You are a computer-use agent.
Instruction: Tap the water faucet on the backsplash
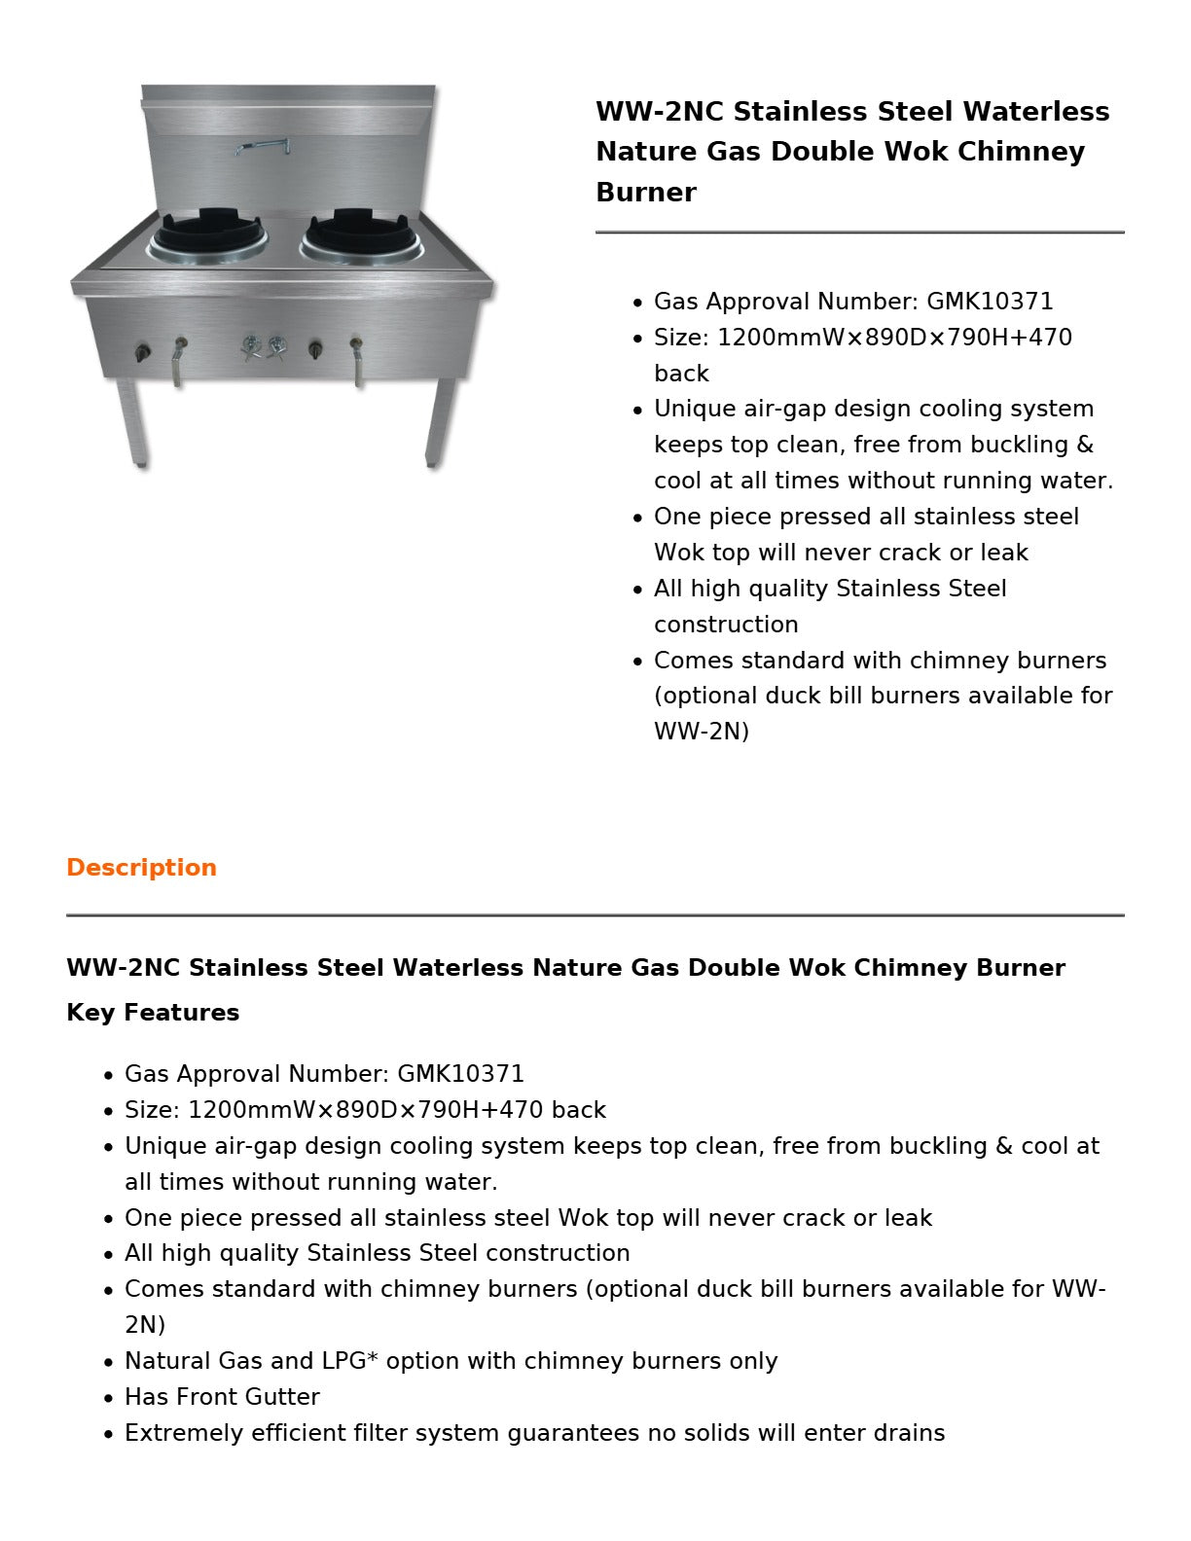click(x=263, y=147)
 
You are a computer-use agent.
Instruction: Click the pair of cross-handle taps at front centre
click(x=264, y=348)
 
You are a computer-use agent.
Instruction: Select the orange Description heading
click(x=141, y=868)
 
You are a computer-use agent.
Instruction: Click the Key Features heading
click(x=153, y=1013)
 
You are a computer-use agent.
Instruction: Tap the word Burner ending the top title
click(x=645, y=193)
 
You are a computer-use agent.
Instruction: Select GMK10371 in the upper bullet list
click(x=989, y=302)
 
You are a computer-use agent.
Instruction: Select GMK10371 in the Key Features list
click(x=460, y=1074)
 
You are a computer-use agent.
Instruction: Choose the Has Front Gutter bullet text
click(x=222, y=1397)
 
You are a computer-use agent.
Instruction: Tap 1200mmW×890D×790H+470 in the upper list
click(x=894, y=338)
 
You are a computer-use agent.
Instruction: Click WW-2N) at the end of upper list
click(x=701, y=732)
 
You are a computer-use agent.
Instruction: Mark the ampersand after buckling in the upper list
click(x=1084, y=445)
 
